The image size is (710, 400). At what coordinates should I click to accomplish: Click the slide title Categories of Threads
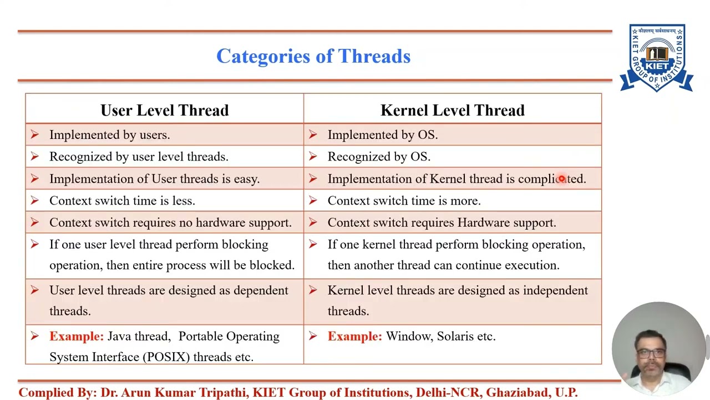pos(313,57)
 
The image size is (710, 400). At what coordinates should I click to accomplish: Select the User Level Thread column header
pos(164,110)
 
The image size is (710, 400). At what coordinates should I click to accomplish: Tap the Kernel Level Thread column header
pos(452,110)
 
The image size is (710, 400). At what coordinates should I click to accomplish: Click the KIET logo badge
pos(657,58)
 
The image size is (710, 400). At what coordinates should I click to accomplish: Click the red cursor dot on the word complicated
pos(561,179)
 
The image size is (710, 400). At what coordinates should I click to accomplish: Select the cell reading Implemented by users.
pos(109,135)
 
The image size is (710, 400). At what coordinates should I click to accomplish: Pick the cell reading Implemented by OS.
pos(382,135)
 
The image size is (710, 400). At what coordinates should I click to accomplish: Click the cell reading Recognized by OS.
pos(379,157)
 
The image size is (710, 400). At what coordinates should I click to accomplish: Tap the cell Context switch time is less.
pos(122,201)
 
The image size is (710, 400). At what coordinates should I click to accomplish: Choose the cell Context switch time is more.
pos(404,201)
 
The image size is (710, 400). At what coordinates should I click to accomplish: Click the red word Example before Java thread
pos(76,337)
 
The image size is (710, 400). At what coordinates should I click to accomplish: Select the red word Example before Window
pos(354,337)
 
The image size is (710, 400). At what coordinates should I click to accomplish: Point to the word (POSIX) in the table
pos(166,357)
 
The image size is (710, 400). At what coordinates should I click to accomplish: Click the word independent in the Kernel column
pos(555,291)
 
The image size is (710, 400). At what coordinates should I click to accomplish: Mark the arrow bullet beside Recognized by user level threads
pos(35,157)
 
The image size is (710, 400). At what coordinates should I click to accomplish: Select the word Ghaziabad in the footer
pos(518,393)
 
